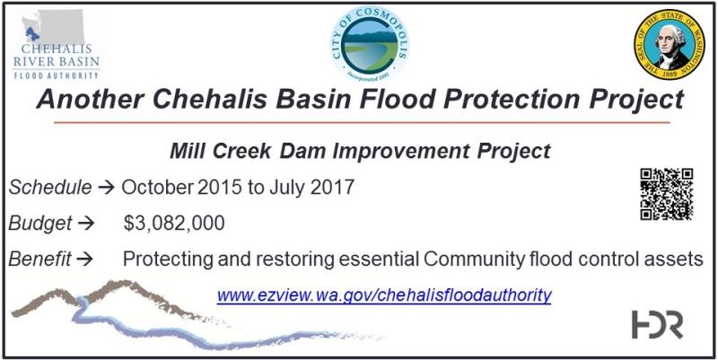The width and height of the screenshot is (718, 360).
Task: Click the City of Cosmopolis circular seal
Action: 370,43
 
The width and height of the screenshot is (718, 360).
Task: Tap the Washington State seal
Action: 669,44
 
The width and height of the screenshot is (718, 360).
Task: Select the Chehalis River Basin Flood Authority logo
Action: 57,44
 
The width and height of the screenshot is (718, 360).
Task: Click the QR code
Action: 666,194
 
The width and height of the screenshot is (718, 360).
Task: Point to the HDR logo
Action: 658,325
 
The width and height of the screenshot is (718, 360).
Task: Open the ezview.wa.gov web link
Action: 384,295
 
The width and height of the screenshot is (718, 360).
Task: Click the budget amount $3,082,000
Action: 174,223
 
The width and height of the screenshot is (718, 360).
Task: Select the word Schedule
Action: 50,188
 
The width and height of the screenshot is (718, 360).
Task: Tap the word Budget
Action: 40,224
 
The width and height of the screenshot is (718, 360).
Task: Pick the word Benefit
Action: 39,259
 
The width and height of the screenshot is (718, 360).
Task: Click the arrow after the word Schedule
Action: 106,188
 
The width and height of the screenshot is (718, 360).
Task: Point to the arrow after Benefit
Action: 84,259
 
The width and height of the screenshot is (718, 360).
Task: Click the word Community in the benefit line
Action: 474,259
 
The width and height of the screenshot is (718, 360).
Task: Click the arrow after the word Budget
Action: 86,224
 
